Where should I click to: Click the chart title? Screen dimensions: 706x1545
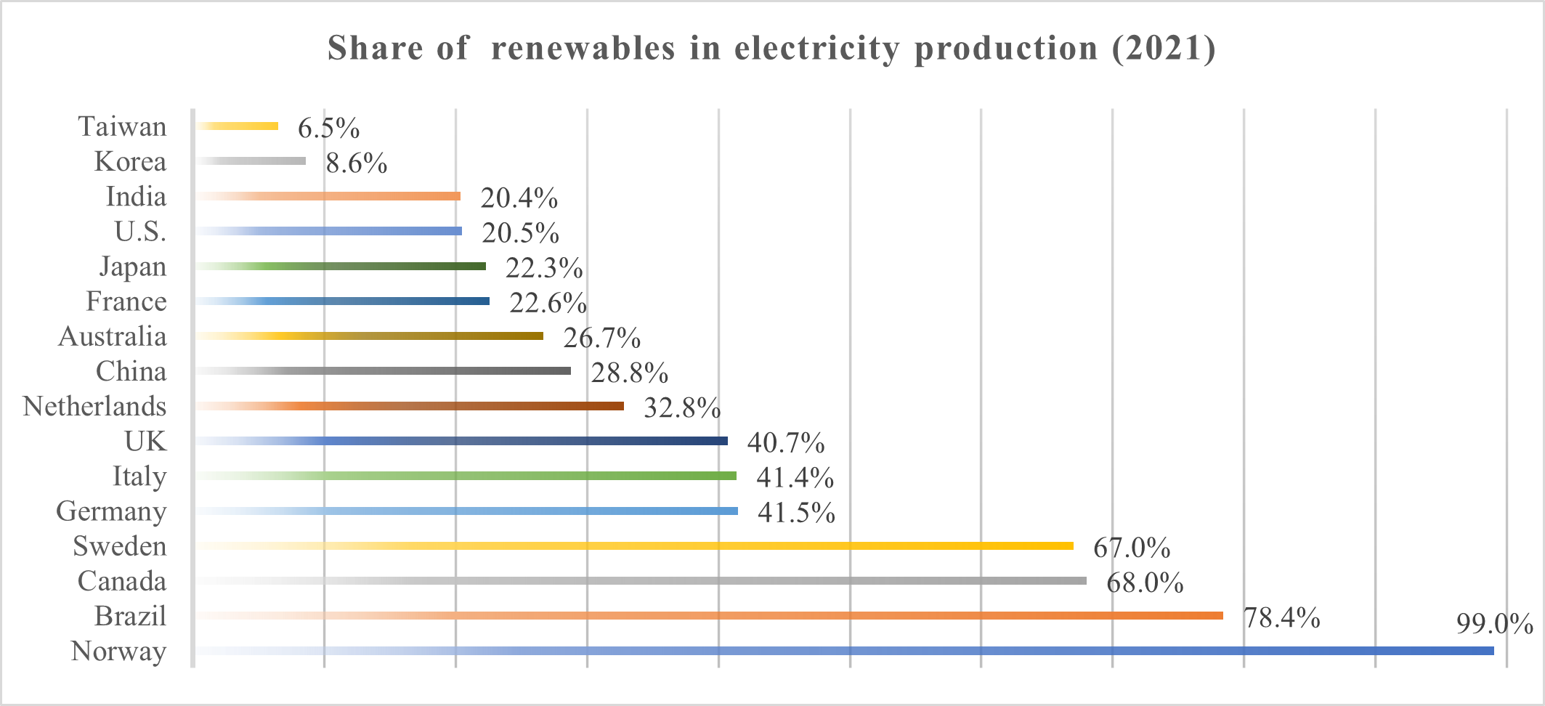(771, 49)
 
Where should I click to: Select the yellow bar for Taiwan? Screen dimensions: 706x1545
(238, 126)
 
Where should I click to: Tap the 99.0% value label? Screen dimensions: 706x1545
(1494, 624)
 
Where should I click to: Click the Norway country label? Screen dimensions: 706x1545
(119, 651)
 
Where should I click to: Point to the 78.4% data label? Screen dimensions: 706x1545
(1281, 617)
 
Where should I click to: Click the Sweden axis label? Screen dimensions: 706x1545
(120, 546)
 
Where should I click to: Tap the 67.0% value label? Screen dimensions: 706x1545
(1132, 548)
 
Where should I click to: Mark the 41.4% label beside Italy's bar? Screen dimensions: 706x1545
(795, 477)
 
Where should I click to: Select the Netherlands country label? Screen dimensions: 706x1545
(95, 406)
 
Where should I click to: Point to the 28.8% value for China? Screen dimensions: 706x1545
(629, 373)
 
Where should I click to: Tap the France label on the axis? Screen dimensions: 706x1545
(126, 301)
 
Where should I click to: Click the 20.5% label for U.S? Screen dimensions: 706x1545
(520, 233)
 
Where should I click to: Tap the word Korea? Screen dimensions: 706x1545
(131, 161)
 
